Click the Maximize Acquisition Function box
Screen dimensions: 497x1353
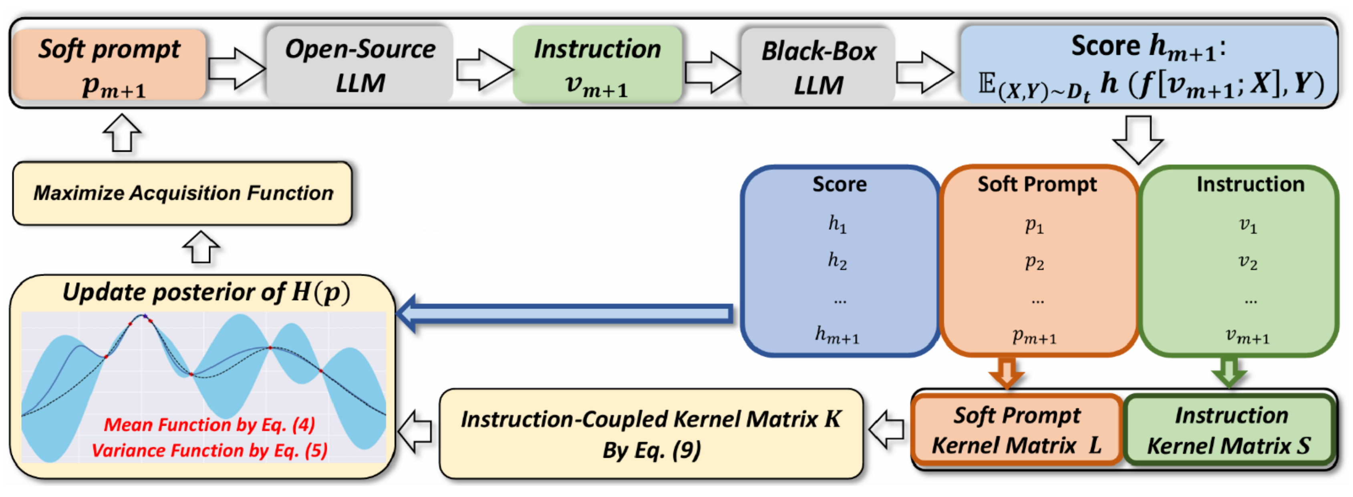[182, 194]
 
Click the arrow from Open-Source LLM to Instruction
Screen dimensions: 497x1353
[483, 69]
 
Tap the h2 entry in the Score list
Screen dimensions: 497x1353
[837, 261]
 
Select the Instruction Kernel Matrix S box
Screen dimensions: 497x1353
[1229, 430]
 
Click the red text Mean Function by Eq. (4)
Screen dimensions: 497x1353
[209, 424]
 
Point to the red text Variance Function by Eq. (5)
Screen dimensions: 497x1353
[209, 450]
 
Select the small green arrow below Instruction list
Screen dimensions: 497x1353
[1229, 372]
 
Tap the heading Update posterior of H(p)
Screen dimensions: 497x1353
[206, 293]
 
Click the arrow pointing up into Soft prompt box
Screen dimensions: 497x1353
[122, 133]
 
